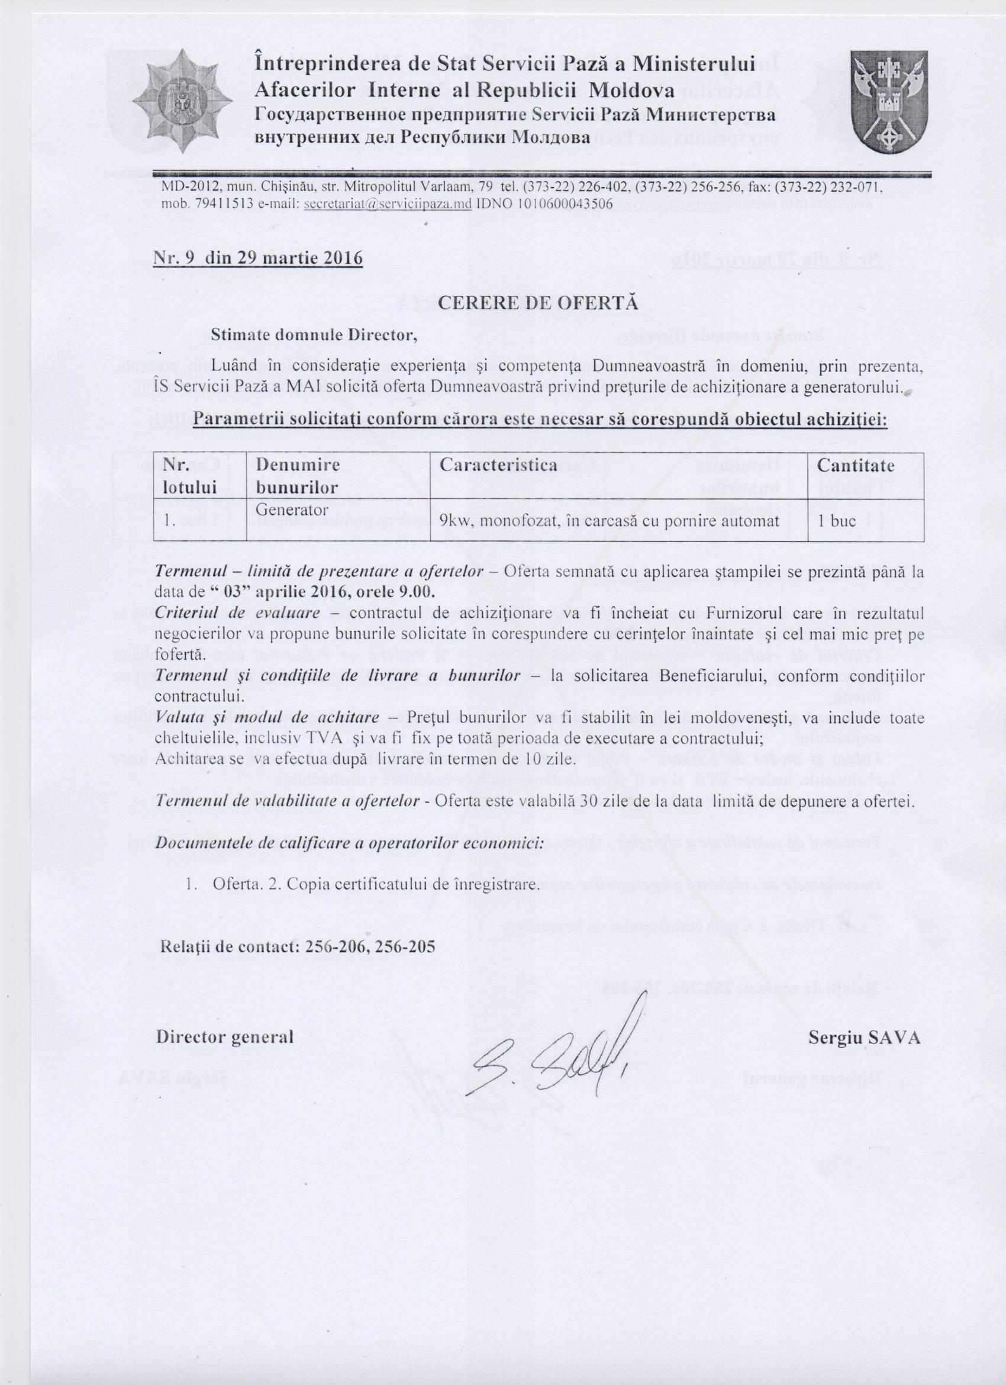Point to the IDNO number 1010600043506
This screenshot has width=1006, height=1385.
[x=544, y=204]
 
